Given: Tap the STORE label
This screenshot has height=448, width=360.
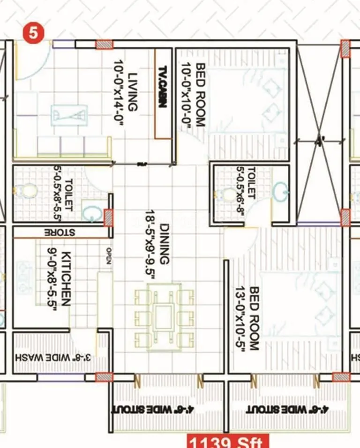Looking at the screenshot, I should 60,232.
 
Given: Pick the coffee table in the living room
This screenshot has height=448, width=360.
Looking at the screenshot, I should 69,114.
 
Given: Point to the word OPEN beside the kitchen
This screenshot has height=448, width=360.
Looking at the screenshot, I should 109,256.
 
